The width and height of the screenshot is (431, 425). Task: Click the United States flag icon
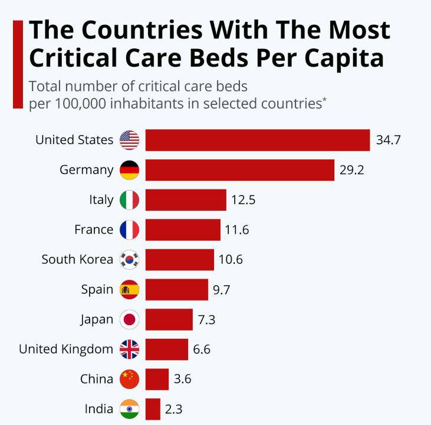click(129, 140)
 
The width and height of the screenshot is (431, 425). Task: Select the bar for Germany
click(239, 170)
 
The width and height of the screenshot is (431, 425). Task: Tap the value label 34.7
click(389, 140)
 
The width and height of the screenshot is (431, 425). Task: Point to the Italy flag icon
click(129, 200)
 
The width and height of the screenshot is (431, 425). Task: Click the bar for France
click(182, 230)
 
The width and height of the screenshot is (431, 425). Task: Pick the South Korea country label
click(77, 259)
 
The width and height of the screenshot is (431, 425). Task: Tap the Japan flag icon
click(129, 319)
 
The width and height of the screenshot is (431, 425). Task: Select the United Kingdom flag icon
click(129, 349)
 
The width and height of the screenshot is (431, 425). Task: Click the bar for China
click(157, 379)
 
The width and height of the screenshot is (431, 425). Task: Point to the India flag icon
click(129, 409)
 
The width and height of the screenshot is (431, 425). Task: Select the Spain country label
click(97, 289)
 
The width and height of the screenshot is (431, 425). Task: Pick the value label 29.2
click(352, 170)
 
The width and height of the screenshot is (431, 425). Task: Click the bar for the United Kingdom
click(166, 349)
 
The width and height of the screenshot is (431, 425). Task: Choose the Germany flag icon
click(129, 170)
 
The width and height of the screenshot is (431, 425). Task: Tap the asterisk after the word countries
click(324, 99)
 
